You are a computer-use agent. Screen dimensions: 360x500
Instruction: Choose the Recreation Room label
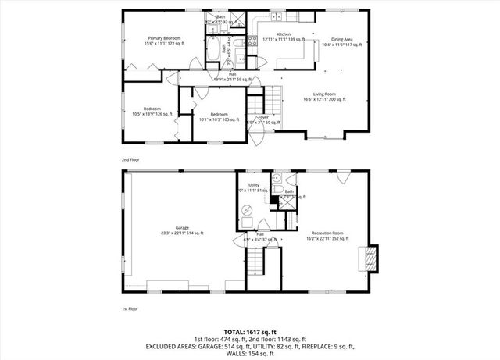pos(327,233)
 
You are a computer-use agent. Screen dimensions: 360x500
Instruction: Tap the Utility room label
pos(253,185)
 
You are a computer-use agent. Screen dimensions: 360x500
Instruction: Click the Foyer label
pos(263,117)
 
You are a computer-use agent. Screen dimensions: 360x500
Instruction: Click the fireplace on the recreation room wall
pos(368,258)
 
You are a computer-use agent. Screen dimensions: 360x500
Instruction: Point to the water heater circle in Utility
pos(246,210)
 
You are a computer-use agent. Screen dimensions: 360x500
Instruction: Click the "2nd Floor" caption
pos(130,159)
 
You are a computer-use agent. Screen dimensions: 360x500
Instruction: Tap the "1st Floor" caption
pos(130,309)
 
